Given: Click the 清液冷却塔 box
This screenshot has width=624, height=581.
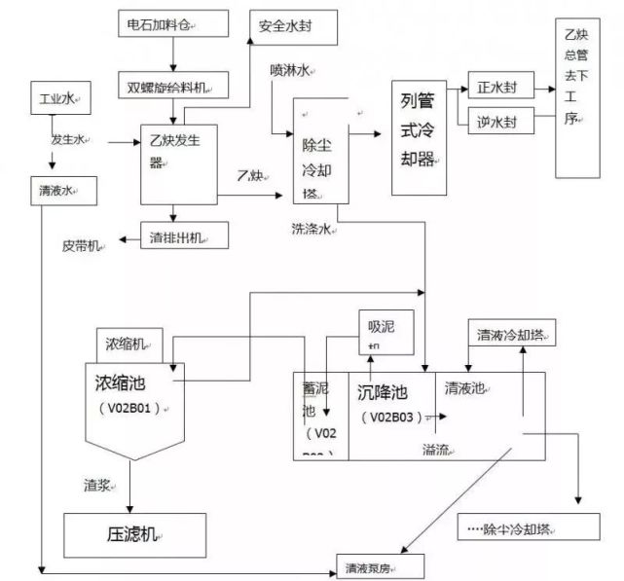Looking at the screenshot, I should (510, 334).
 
